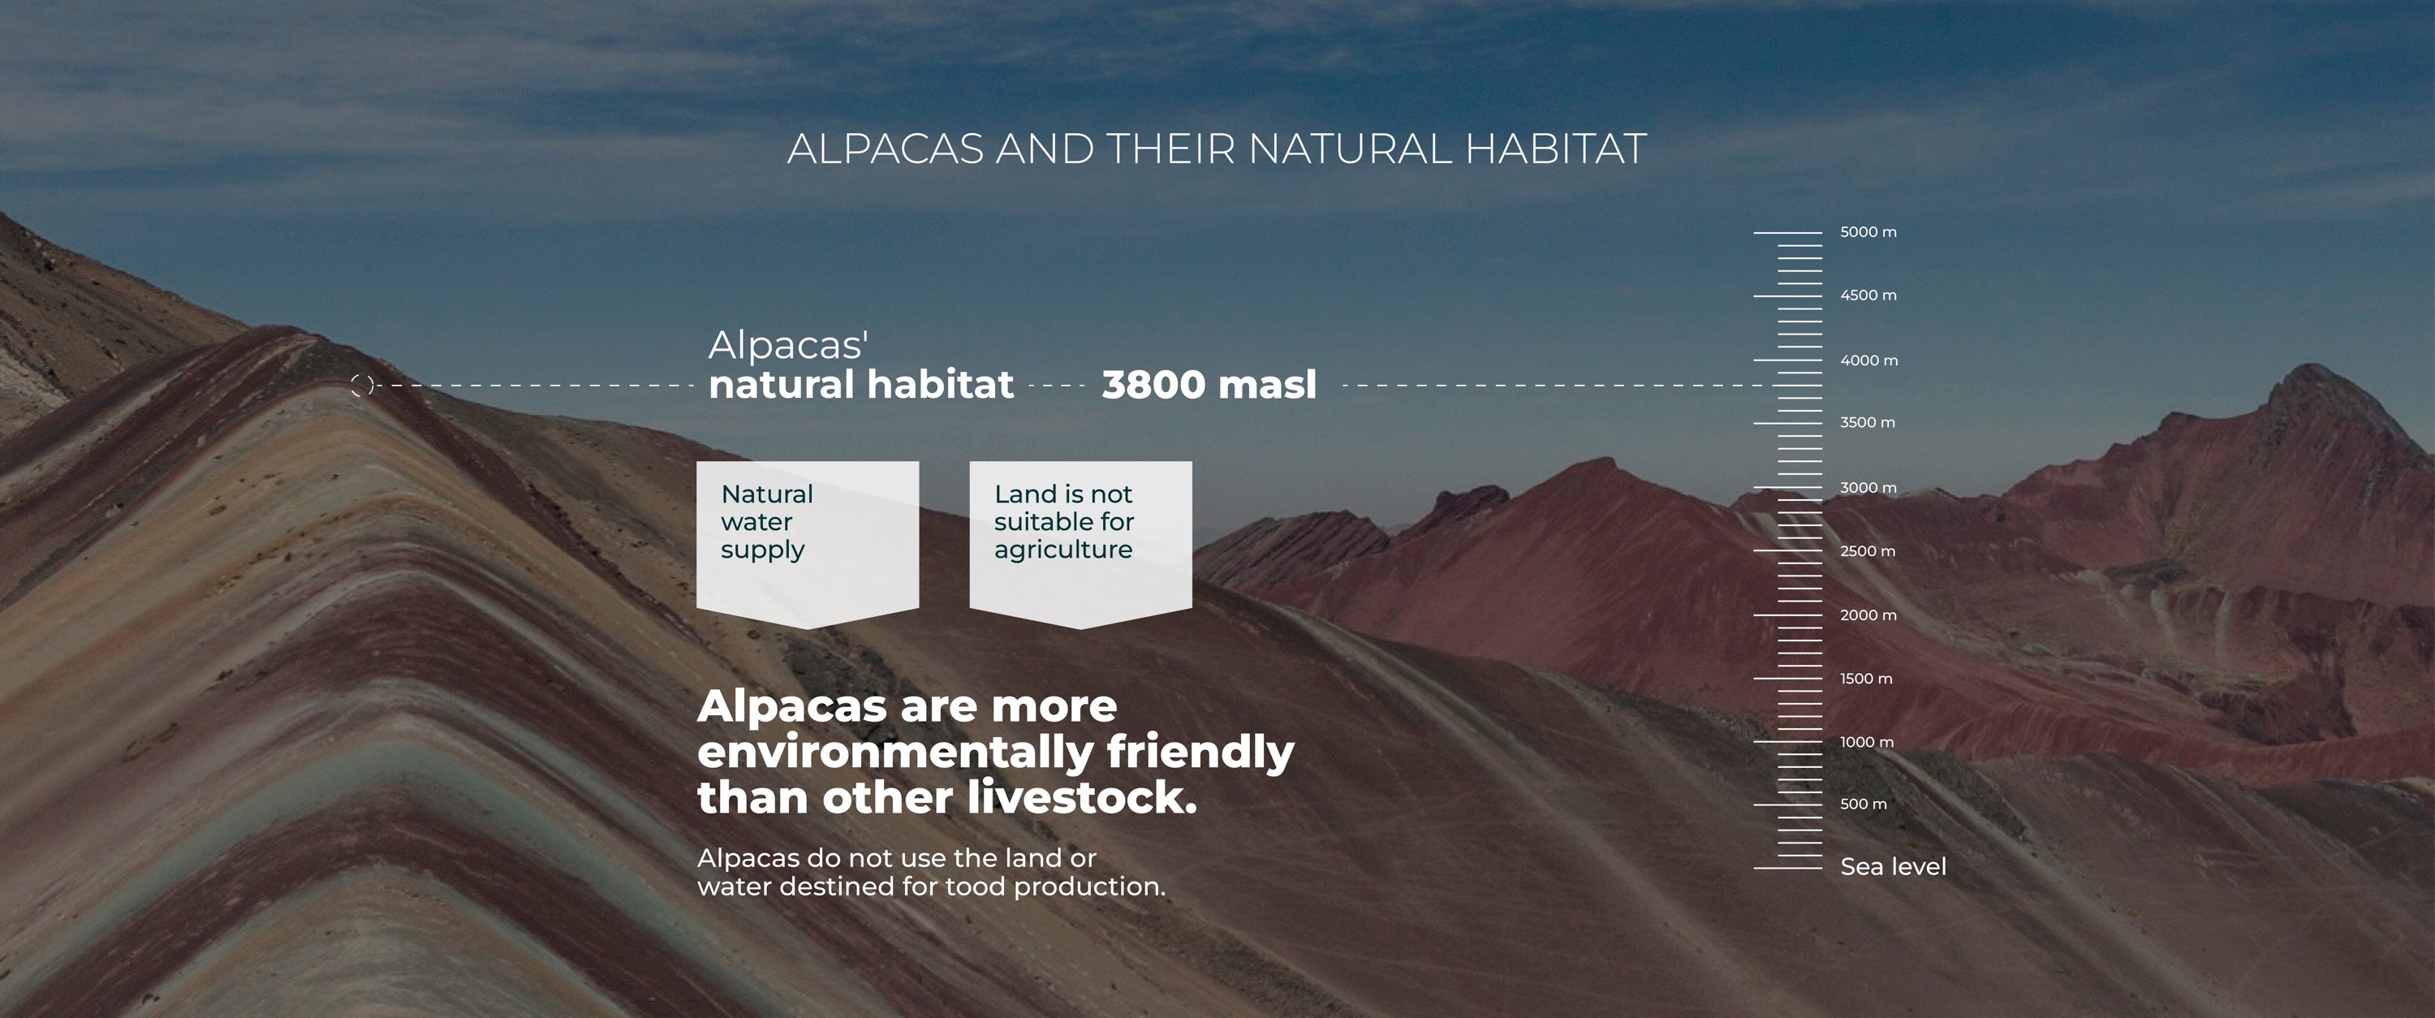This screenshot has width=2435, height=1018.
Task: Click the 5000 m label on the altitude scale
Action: (x=1868, y=231)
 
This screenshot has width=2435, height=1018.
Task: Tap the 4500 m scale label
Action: (x=1868, y=295)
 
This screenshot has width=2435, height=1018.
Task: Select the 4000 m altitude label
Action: (x=1868, y=360)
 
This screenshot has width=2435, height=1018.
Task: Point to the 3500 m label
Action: (x=1867, y=422)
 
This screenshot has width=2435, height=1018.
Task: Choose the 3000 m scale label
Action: (x=1868, y=488)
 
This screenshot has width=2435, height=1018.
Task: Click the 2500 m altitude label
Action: (x=1867, y=551)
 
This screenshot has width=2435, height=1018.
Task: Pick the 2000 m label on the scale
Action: (x=1868, y=615)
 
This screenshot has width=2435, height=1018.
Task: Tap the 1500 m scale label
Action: (x=1866, y=679)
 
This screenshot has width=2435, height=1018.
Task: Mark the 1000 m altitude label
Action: (x=1867, y=742)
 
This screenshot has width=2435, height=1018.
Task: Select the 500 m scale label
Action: (x=1863, y=804)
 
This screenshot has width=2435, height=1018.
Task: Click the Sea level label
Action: (x=1893, y=867)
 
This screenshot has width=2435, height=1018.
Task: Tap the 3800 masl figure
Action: (x=1209, y=385)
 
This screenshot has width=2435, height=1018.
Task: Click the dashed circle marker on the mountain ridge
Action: (x=362, y=385)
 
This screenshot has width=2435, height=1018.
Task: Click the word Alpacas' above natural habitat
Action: (x=788, y=346)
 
